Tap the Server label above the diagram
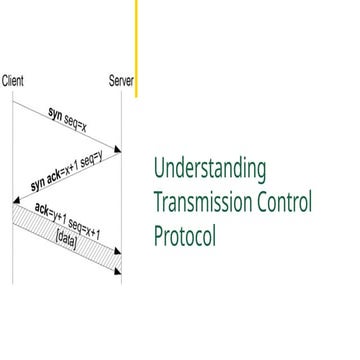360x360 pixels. pos(121,81)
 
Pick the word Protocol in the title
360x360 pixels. pos(185,237)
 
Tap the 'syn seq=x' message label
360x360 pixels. pos(69,118)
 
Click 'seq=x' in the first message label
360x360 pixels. pos(78,122)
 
